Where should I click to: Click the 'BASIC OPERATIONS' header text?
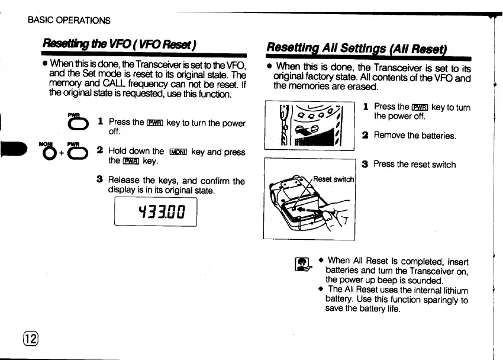coord(69,20)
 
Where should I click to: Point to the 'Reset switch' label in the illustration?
coord(333,178)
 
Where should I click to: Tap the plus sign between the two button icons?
coord(59,155)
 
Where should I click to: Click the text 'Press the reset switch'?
coord(414,164)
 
